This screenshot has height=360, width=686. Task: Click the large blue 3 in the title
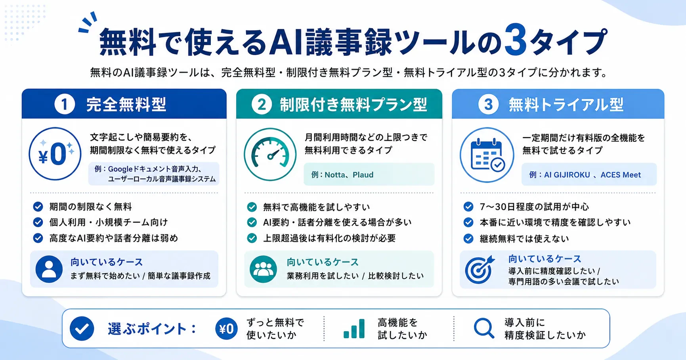tap(515, 40)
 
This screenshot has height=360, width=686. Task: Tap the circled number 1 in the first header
tap(65, 104)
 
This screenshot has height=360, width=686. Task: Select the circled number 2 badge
tap(262, 105)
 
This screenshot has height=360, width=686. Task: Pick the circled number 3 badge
tap(488, 105)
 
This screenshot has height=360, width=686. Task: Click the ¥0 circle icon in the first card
tap(55, 154)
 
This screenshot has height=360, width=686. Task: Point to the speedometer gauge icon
tap(270, 154)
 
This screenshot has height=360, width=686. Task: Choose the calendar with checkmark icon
tap(487, 155)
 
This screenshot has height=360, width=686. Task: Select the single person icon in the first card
tap(49, 269)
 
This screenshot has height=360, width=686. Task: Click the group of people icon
tap(263, 269)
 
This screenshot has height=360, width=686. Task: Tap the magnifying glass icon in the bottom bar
tap(484, 328)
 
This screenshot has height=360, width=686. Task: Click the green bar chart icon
tap(354, 329)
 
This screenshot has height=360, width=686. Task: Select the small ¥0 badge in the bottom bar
tap(227, 329)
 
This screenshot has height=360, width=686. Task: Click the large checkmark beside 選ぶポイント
tap(82, 329)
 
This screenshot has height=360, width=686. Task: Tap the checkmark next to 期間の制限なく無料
tap(38, 206)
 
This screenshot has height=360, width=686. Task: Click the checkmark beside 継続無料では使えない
tap(468, 238)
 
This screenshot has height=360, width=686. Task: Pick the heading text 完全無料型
tap(126, 105)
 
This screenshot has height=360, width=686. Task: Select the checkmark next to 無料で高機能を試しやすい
tap(252, 207)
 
